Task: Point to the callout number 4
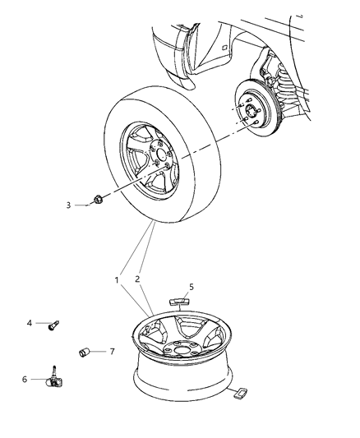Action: pyautogui.click(x=30, y=323)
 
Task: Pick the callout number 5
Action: pyautogui.click(x=190, y=287)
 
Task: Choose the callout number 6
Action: pyautogui.click(x=25, y=379)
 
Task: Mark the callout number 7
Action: pyautogui.click(x=112, y=353)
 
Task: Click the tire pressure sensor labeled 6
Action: pyautogui.click(x=58, y=380)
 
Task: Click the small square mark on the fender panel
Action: pyautogui.click(x=224, y=48)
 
